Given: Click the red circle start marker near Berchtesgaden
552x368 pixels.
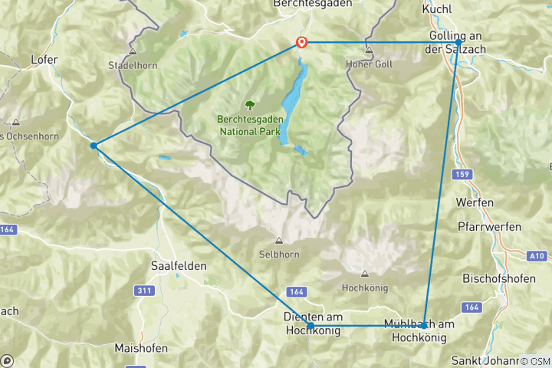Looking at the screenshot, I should tap(302, 43).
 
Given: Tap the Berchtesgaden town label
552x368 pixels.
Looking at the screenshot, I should tap(313, 4).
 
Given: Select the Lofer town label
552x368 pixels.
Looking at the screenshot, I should tap(44, 58).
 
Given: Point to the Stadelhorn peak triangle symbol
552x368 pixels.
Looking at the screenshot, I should tap(133, 52).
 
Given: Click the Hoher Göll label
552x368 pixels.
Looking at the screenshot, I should tap(369, 64).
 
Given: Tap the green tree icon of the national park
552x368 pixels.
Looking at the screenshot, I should tap(249, 105).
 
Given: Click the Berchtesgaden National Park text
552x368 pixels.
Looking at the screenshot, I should tap(250, 125).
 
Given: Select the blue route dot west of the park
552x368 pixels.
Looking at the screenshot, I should tap(93, 146).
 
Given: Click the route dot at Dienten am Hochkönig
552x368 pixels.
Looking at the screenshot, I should tap(310, 327).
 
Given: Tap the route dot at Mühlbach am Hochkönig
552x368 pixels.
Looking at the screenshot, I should tap(424, 326).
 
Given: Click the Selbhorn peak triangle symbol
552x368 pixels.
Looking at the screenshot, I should tap(278, 240).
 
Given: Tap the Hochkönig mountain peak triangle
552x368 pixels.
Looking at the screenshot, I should tap(364, 274).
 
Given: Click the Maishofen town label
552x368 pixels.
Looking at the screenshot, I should tap(140, 348).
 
